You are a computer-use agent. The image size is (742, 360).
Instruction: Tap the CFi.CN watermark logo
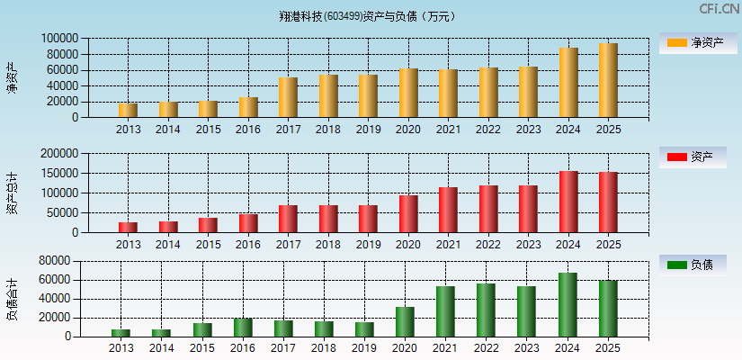pos(719,9)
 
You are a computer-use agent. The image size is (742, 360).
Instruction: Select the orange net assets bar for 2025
pos(608,80)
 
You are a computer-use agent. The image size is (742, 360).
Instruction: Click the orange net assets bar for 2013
pos(128,110)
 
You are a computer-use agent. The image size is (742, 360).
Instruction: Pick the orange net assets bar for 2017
pos(288,97)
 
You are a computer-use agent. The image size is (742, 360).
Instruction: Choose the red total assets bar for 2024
pos(568,202)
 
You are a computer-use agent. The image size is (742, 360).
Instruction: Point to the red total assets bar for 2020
pos(408,214)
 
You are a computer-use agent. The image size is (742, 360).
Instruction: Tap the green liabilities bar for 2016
pos(243,328)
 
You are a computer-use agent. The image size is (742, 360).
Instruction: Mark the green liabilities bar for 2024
pos(568,305)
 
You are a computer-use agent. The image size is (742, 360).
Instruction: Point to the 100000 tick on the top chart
pos(58,39)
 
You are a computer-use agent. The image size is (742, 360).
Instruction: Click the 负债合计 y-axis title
pos(13,299)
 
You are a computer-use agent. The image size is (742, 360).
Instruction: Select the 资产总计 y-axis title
pos(13,193)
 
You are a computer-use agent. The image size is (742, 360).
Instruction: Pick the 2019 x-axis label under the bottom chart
pos(364,348)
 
